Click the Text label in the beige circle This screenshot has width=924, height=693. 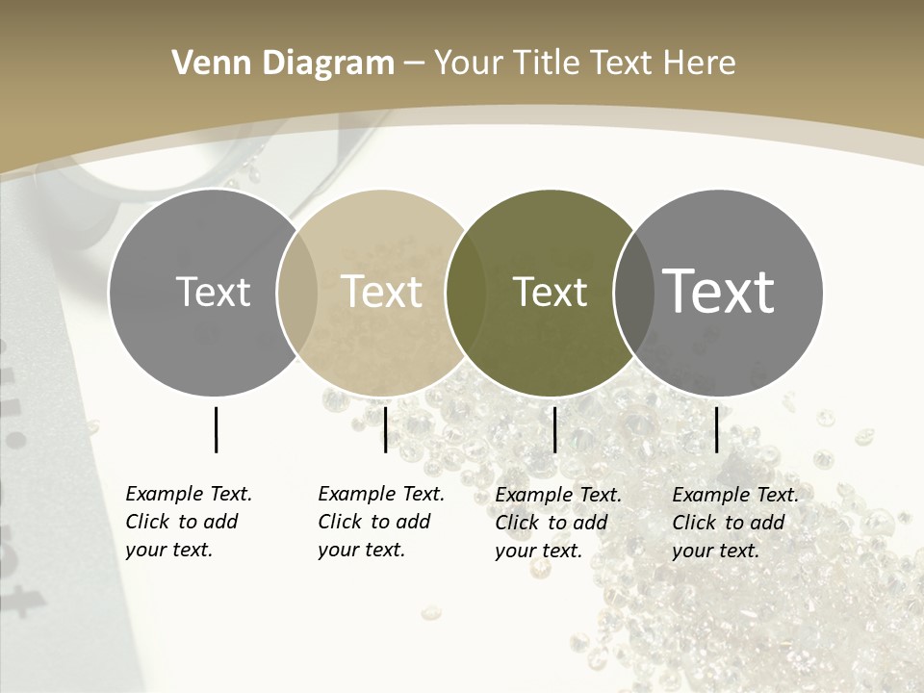coord(381,292)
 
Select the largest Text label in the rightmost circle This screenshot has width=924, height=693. coord(719,292)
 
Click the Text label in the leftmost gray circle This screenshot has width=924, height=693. coord(213,292)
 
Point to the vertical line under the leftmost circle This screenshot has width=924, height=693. coord(216,429)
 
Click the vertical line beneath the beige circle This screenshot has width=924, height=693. coord(385,429)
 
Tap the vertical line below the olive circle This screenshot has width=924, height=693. coord(554,429)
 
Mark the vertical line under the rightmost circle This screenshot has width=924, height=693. coord(716,429)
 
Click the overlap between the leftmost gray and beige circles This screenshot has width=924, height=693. coord(297,293)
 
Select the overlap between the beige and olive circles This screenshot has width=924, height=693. coord(466,293)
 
